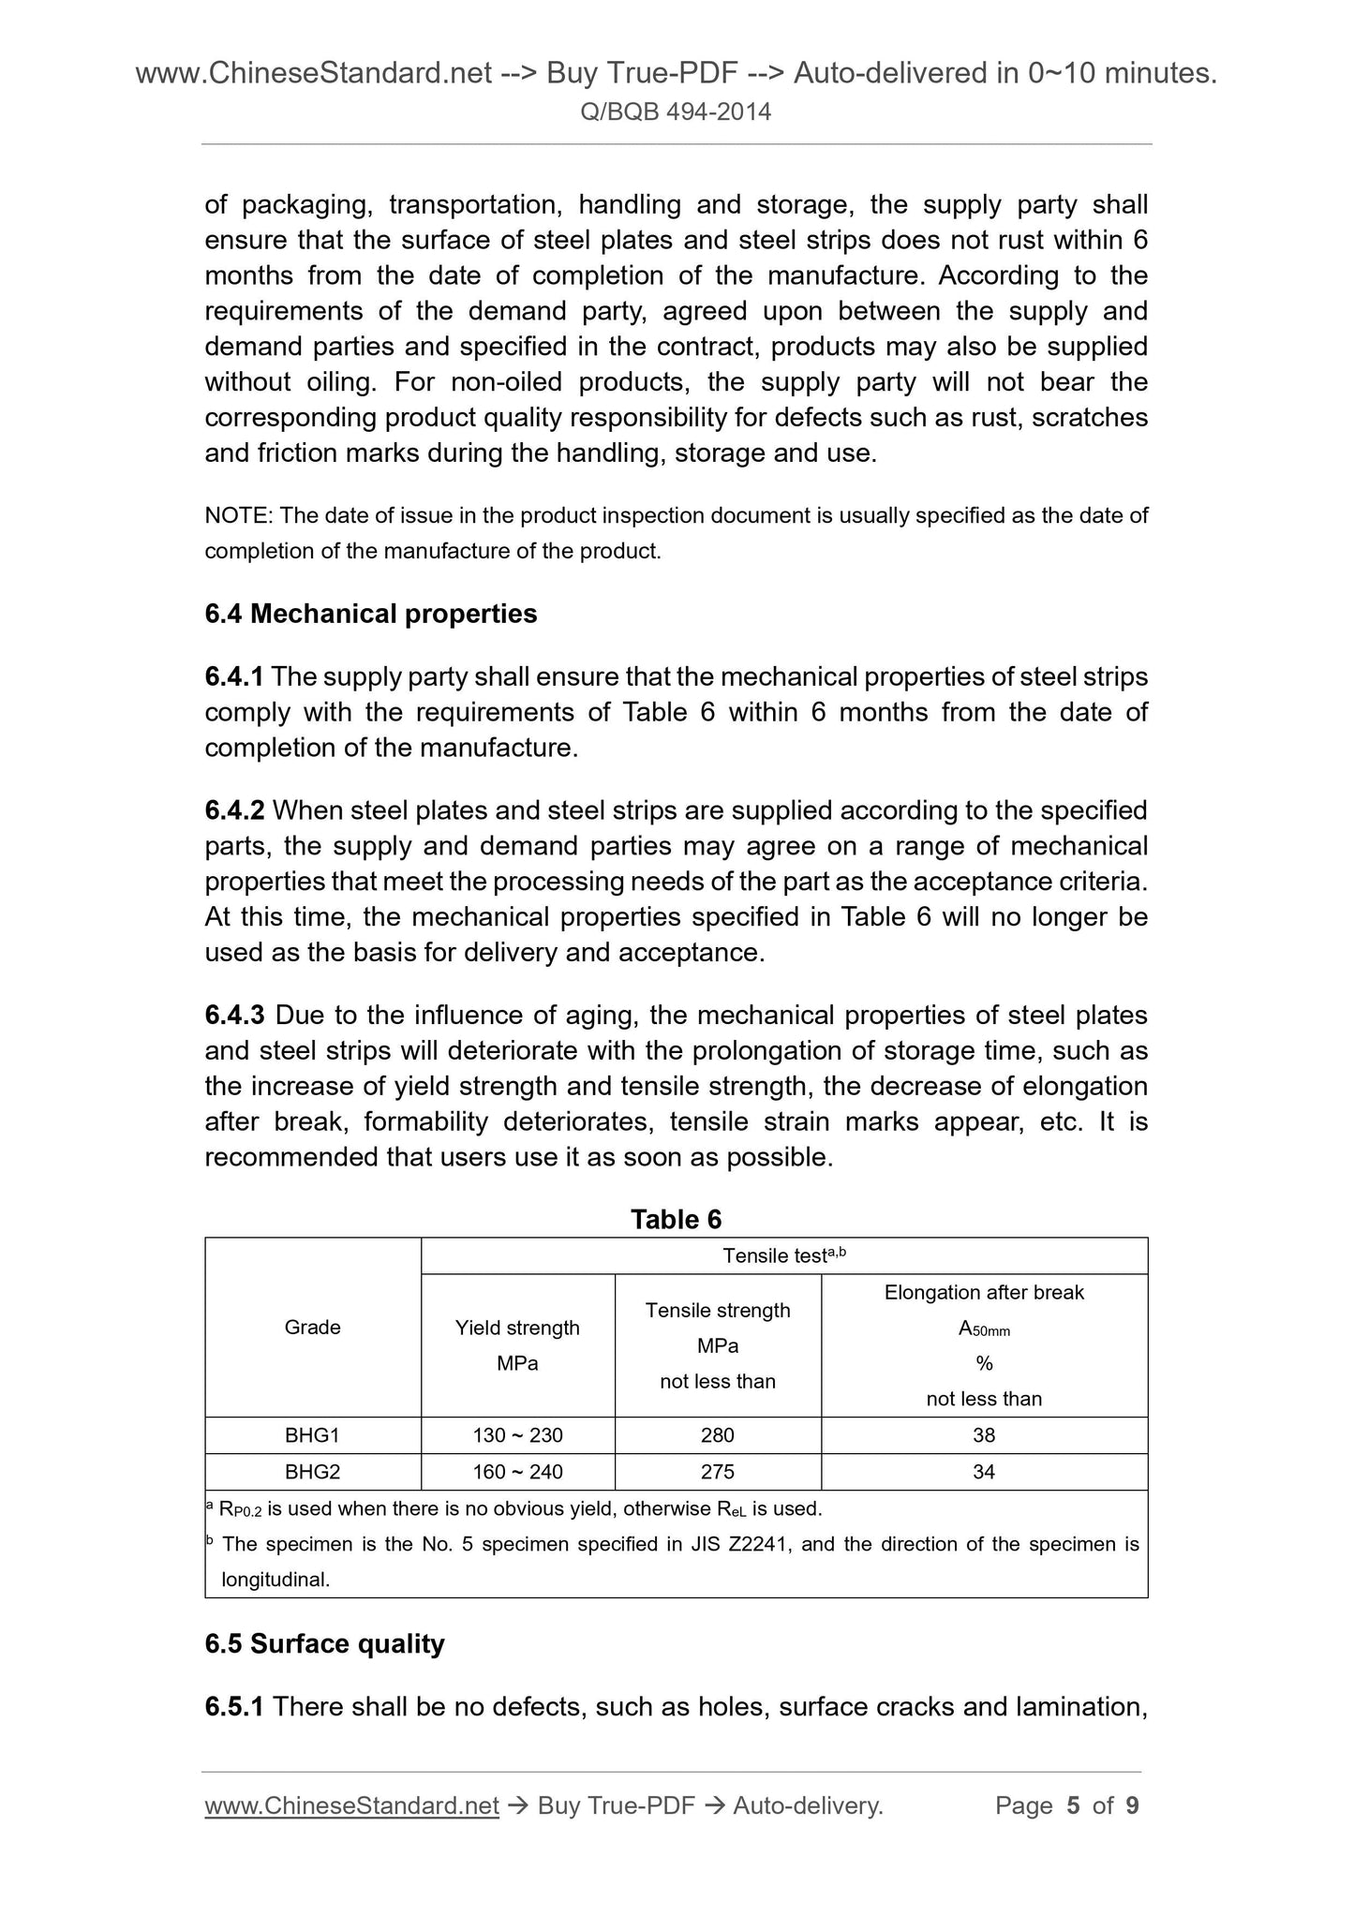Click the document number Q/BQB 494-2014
[676, 112]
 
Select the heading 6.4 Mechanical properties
[370, 614]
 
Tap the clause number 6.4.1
[234, 676]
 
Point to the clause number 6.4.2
[234, 809]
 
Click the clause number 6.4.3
[234, 1015]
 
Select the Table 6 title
[676, 1219]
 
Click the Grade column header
[312, 1327]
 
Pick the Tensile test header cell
[783, 1255]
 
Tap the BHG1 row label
[312, 1434]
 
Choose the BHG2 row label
[312, 1471]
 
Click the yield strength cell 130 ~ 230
[517, 1434]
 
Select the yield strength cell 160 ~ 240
[517, 1471]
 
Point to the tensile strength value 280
[717, 1434]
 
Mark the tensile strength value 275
[717, 1471]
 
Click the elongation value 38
[983, 1434]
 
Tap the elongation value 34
[983, 1471]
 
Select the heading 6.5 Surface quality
[324, 1643]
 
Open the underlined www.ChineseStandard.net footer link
[351, 1805]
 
